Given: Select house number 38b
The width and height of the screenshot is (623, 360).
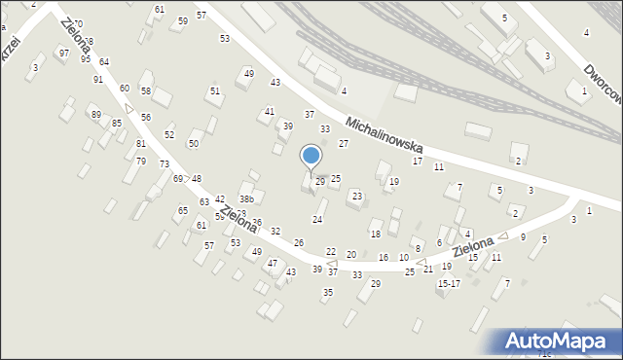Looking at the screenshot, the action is (x=246, y=199).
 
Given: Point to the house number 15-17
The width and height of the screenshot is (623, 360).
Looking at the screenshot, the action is (x=449, y=284).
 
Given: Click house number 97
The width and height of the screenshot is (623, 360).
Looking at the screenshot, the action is (x=63, y=53).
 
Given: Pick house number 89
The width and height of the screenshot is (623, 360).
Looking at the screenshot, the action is (x=96, y=115).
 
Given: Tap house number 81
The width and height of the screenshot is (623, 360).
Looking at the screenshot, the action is (x=141, y=144).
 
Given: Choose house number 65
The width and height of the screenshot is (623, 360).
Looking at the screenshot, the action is (x=182, y=211).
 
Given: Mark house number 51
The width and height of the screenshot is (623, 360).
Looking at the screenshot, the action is (x=215, y=90).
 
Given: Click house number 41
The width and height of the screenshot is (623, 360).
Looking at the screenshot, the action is (x=270, y=112).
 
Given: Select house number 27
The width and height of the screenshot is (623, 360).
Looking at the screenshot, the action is (x=343, y=144).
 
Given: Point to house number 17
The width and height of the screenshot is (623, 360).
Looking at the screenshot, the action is (x=418, y=162).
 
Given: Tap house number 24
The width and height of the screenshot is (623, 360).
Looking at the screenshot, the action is (x=316, y=219).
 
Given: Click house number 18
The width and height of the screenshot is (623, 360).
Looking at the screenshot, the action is (x=375, y=234).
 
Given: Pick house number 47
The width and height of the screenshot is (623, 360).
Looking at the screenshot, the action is (x=273, y=264).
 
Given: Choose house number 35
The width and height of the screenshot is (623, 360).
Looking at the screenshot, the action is (x=328, y=293).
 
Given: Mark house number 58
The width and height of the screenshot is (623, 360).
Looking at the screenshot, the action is (x=146, y=90).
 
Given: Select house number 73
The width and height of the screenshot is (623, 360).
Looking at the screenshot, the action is (x=165, y=164).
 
